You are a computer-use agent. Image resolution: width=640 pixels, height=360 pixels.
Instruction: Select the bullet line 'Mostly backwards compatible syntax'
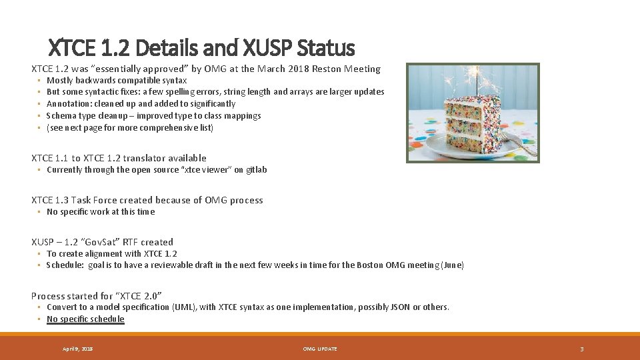coord(117,80)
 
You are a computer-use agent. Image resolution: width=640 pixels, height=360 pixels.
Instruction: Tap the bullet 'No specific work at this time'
coord(100,212)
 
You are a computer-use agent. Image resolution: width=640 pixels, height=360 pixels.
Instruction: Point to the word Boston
coord(371,265)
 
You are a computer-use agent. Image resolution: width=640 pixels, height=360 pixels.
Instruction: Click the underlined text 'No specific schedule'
coord(85,319)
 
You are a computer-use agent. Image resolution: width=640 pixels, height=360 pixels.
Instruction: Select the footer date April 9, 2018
coord(77,349)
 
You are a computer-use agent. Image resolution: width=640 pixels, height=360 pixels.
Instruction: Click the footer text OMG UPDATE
coord(320,349)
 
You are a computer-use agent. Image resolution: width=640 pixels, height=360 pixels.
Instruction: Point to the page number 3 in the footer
coord(581,349)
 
